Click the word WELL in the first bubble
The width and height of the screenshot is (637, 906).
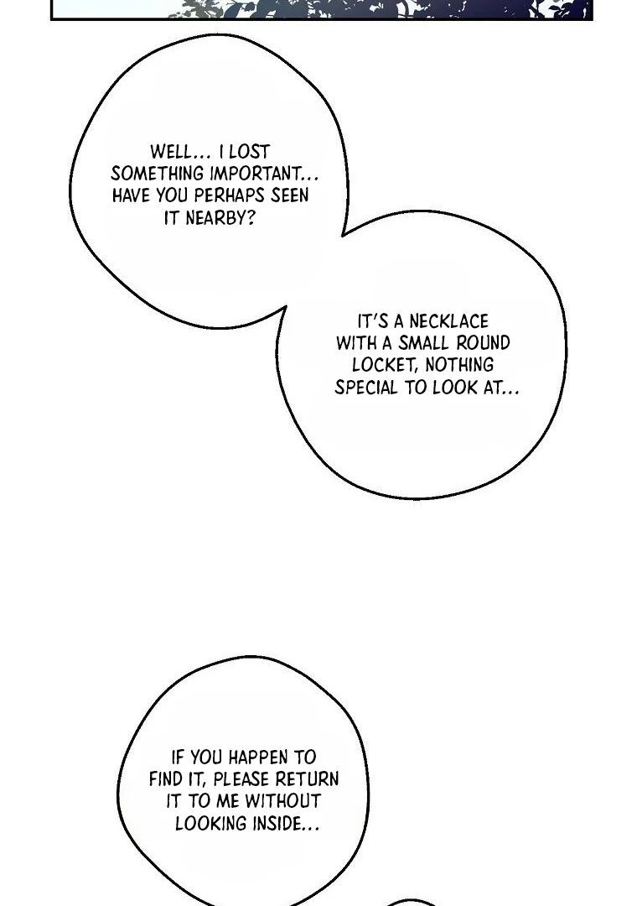(x=172, y=152)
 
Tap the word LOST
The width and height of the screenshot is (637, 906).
(x=250, y=152)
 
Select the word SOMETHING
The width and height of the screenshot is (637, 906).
(x=157, y=174)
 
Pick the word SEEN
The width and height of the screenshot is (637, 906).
(x=290, y=195)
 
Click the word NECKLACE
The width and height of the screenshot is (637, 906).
(x=448, y=321)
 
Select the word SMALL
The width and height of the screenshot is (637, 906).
(x=423, y=343)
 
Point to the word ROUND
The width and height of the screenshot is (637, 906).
(x=483, y=343)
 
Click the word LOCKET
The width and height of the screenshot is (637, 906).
(x=385, y=365)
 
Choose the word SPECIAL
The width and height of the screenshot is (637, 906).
(x=366, y=388)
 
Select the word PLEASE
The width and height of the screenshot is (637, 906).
(x=241, y=779)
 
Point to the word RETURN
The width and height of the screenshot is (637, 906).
(x=307, y=779)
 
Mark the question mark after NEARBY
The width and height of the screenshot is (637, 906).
(x=251, y=218)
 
